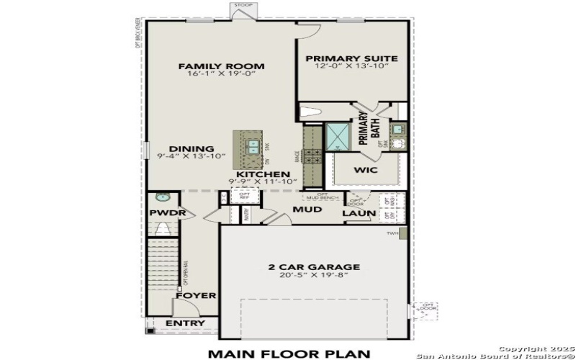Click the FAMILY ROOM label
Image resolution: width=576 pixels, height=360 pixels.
[x=221, y=66]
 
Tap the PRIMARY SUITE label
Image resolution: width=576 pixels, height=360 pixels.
[x=352, y=58]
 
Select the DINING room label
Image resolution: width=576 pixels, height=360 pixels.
[x=186, y=149]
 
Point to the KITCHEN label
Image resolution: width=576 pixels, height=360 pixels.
[x=263, y=174]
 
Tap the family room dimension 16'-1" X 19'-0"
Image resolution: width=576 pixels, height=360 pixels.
[x=221, y=74]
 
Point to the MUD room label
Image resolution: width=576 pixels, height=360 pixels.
[x=306, y=210]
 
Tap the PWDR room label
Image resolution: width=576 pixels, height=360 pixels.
[x=168, y=214]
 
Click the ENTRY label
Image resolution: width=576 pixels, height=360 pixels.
[x=185, y=323]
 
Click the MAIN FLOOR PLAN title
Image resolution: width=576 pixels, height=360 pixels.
[x=289, y=353]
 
